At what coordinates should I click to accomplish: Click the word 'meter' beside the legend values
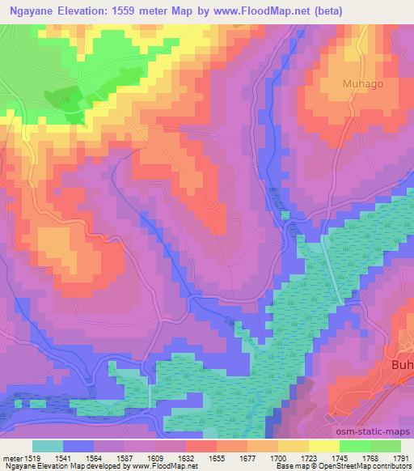[11, 457]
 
